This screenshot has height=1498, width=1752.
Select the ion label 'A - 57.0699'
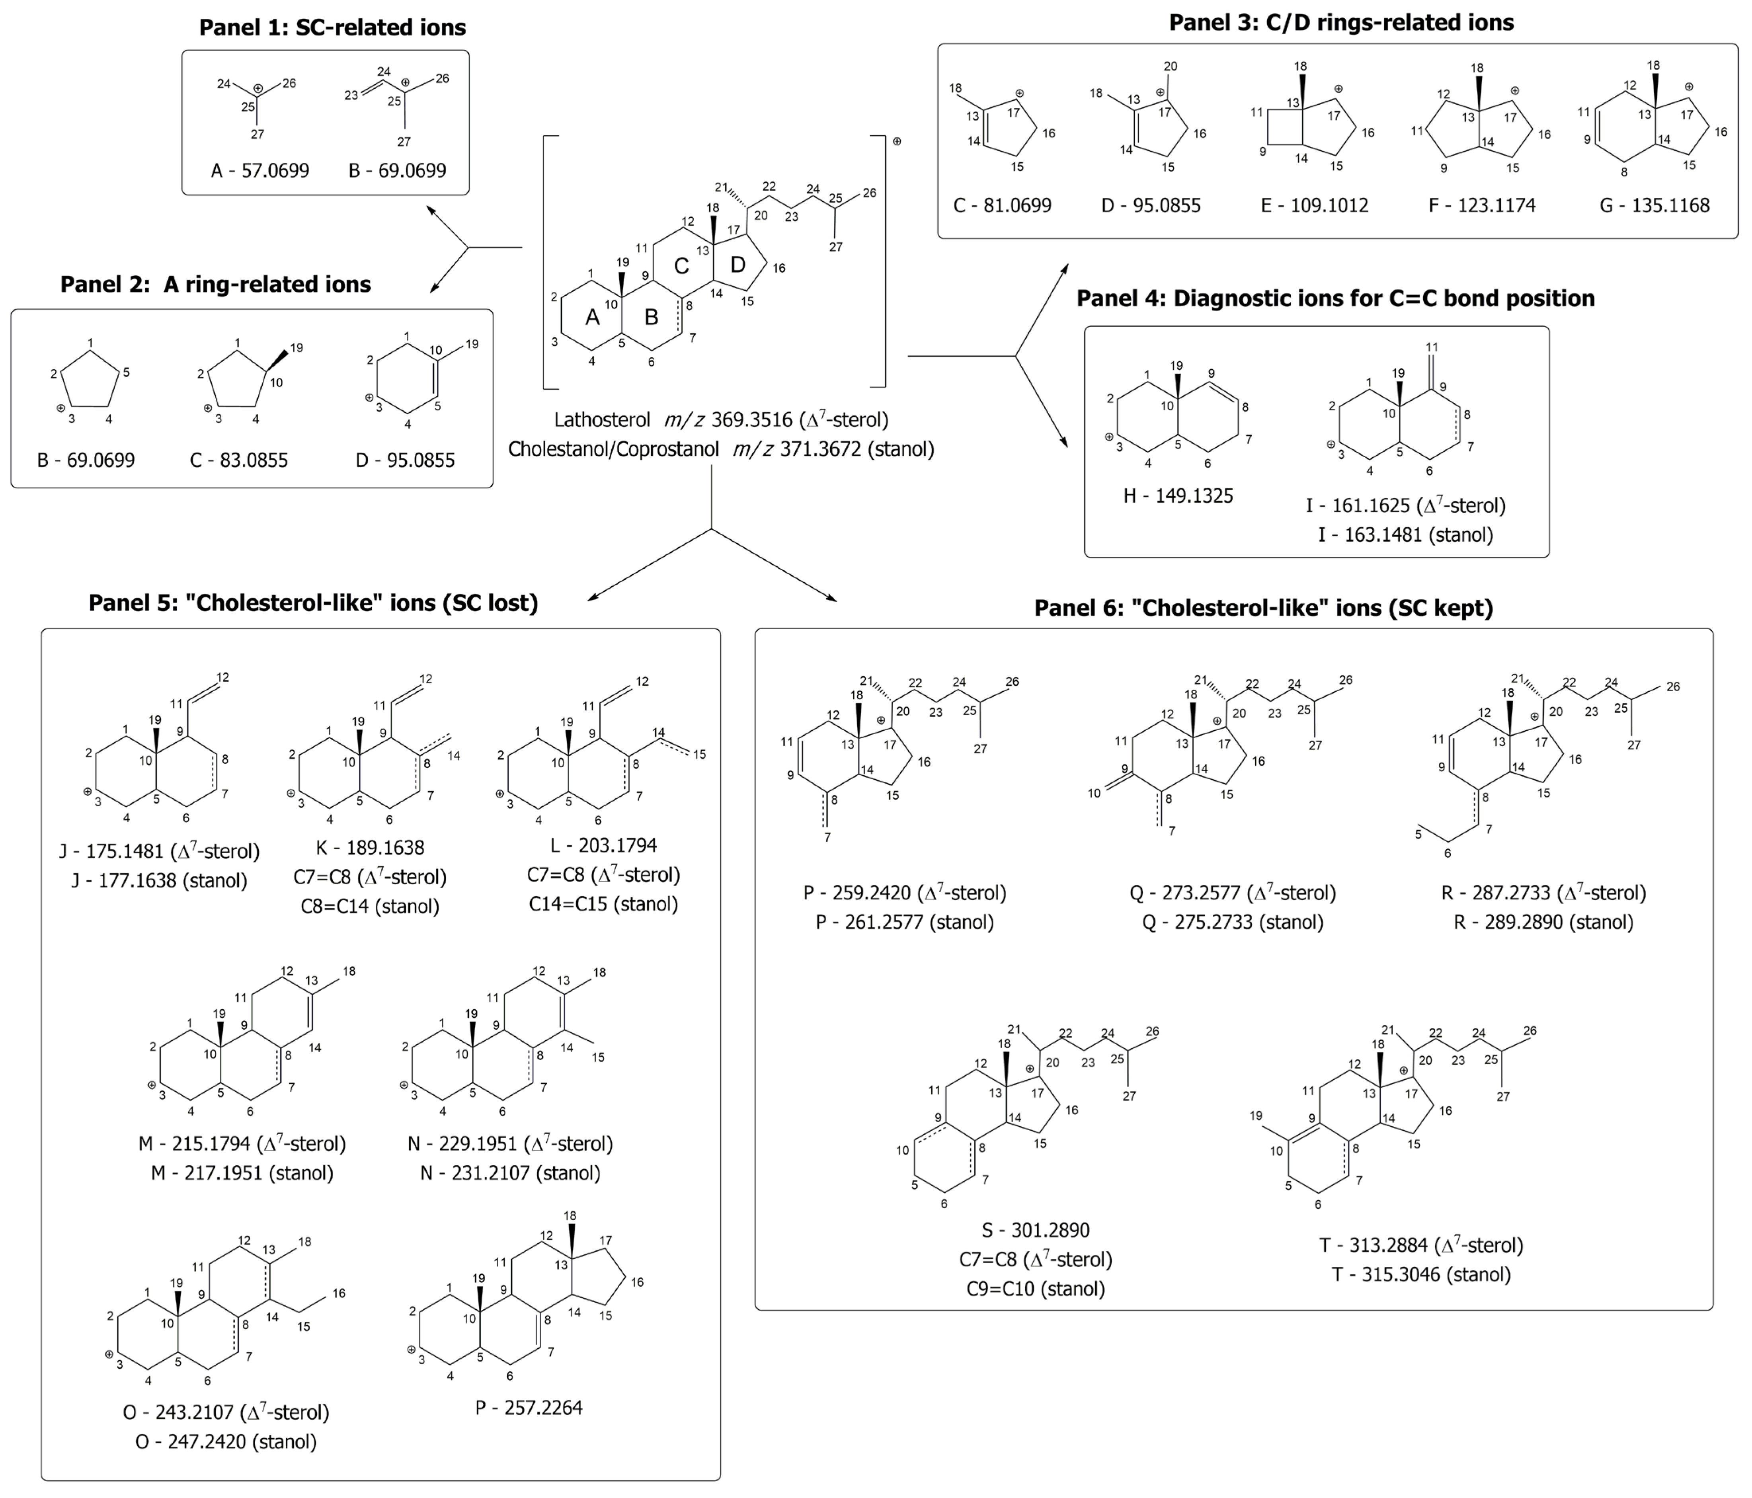259,171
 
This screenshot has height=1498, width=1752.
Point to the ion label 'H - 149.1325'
1178,496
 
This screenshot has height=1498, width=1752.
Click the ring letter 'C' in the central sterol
681,266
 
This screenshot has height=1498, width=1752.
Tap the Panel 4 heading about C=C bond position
1335,298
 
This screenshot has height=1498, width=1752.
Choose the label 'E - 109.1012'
1314,205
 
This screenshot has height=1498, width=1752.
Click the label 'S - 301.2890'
1035,1230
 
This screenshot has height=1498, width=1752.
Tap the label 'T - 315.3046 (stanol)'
1420,1274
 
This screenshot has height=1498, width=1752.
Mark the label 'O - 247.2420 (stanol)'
226,1441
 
